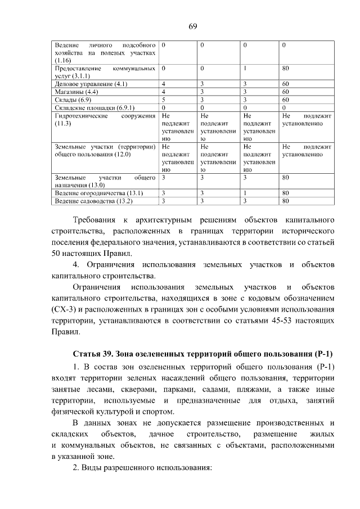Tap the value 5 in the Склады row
(163, 100)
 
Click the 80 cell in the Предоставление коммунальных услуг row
(285, 68)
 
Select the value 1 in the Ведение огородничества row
(245, 193)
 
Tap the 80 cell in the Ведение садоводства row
(285, 201)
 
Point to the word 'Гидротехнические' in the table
(78, 115)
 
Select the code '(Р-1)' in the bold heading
(321, 354)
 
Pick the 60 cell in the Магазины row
(285, 92)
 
